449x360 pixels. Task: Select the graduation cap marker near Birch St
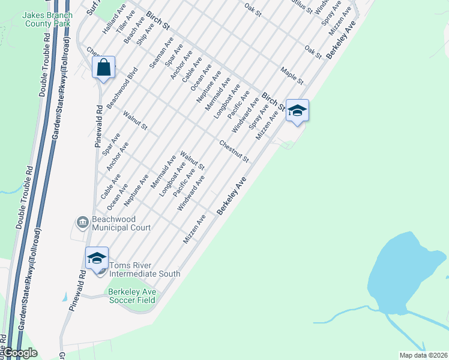[297, 110]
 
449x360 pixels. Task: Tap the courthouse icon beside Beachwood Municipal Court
[81, 223]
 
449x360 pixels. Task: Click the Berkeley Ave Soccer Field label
[131, 296]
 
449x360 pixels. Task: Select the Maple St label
[292, 75]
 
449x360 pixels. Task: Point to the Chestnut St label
[234, 151]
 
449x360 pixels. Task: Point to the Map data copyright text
[423, 355]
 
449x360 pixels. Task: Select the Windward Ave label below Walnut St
[191, 193]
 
